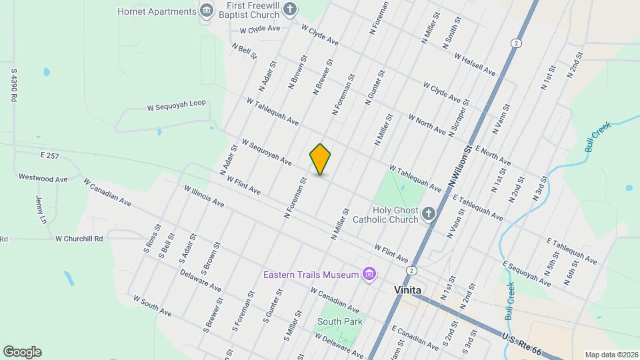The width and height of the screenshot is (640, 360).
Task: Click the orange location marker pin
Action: (320, 159)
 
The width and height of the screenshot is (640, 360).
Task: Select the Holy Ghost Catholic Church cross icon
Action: (428, 214)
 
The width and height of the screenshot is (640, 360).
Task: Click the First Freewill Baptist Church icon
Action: (289, 9)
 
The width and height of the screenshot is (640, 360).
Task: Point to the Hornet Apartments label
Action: (157, 11)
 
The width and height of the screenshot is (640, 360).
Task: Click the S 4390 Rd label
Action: (13, 83)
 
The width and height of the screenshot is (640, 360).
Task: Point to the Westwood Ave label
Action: (43, 179)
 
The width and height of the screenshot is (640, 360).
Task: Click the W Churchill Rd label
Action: (79, 238)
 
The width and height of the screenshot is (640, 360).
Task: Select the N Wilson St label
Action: (460, 167)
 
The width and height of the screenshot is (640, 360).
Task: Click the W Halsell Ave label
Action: (475, 65)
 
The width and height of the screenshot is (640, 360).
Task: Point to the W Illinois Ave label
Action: (204, 196)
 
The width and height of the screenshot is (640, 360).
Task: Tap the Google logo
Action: (22, 352)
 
